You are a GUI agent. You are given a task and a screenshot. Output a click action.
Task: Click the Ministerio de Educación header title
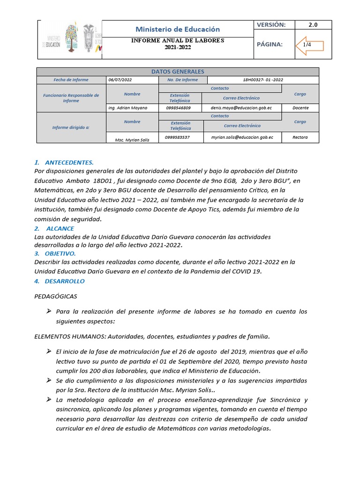point(177,29)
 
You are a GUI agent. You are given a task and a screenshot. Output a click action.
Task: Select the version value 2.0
point(313,25)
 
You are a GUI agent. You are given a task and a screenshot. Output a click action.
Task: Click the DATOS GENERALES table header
point(178,72)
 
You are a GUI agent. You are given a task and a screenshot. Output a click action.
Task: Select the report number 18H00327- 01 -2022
point(262,80)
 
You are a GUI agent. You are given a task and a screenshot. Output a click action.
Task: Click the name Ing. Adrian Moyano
point(127,108)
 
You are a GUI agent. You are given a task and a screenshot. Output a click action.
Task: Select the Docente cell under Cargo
point(300,108)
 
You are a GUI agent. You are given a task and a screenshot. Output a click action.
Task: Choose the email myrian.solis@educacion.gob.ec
point(242,137)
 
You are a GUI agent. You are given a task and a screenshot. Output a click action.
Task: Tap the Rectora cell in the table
point(300,137)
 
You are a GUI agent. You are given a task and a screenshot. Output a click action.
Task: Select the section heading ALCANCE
point(60,228)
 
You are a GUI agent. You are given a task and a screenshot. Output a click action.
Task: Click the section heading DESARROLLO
point(65,281)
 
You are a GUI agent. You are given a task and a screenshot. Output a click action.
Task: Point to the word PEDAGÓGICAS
point(56,296)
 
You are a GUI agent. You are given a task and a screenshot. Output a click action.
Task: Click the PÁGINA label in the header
point(270,45)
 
